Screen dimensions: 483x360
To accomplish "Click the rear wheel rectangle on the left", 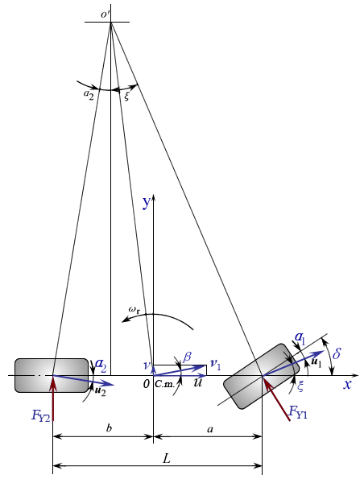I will click(x=51, y=375).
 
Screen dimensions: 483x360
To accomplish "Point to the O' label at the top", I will click(x=105, y=12).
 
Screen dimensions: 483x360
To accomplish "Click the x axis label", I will click(x=348, y=385).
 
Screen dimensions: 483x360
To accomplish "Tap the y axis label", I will click(x=147, y=203).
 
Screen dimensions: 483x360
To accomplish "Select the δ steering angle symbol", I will click(x=337, y=354).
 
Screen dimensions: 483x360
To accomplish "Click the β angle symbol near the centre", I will click(x=187, y=354).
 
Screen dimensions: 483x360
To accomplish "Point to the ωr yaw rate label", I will click(x=134, y=308).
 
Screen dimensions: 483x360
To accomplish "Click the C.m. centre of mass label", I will click(x=165, y=386).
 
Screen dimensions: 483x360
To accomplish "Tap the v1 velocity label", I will click(x=215, y=365).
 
